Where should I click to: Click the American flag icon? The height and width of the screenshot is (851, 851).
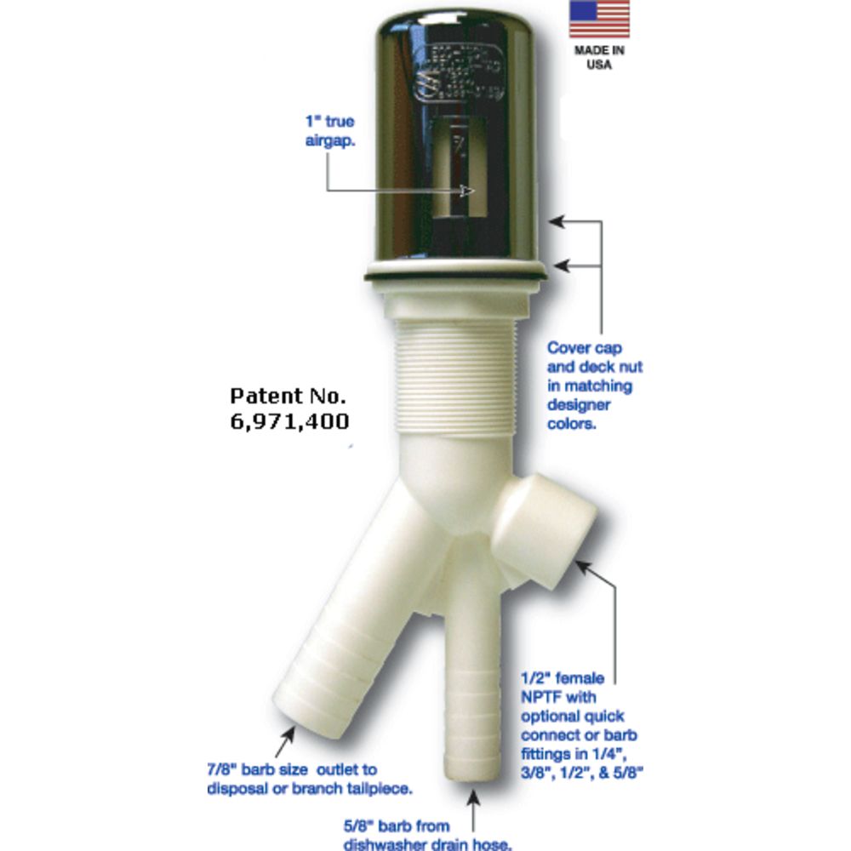(x=598, y=19)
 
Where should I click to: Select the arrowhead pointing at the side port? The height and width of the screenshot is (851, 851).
(x=581, y=564)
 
